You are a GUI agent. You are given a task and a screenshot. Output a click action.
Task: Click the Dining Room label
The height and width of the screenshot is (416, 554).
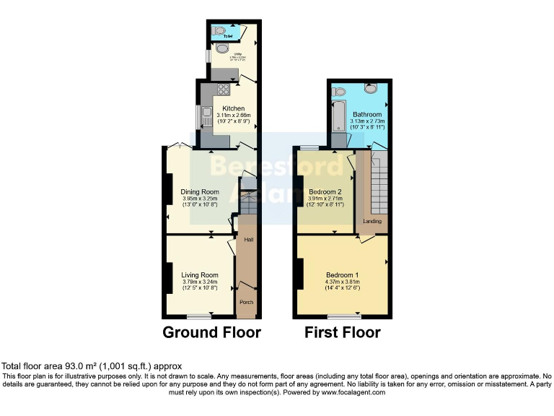(200, 191)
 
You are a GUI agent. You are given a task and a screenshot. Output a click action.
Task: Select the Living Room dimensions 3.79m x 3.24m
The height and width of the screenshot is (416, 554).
(199, 283)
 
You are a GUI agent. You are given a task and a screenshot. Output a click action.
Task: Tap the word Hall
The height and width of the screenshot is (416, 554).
(249, 240)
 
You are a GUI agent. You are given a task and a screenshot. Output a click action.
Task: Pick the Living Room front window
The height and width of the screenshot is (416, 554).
(199, 316)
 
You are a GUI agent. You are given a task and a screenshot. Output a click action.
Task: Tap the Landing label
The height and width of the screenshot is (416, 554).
(372, 221)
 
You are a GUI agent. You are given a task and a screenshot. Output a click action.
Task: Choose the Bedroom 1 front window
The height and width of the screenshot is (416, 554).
(343, 316)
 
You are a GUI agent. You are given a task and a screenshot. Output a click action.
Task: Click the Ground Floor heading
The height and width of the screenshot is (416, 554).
(211, 333)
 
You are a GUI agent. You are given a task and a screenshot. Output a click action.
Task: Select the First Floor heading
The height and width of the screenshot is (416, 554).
(342, 333)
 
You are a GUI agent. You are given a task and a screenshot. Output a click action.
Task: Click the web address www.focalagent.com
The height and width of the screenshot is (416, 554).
(351, 393)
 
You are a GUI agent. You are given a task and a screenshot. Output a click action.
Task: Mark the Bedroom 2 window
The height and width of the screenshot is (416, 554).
(309, 148)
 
